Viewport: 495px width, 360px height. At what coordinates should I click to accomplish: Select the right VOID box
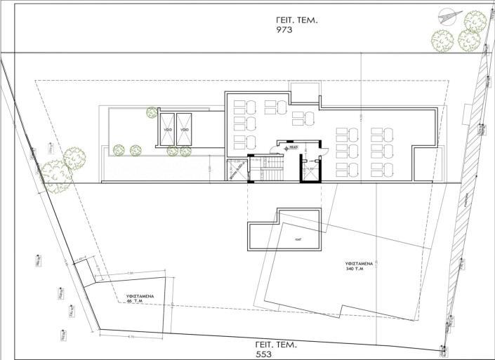click(185, 130)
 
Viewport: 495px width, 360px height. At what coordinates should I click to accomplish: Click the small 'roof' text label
click(298, 239)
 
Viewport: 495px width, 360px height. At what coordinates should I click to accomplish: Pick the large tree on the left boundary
click(55, 174)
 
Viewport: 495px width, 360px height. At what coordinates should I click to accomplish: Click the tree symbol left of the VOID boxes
click(152, 112)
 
